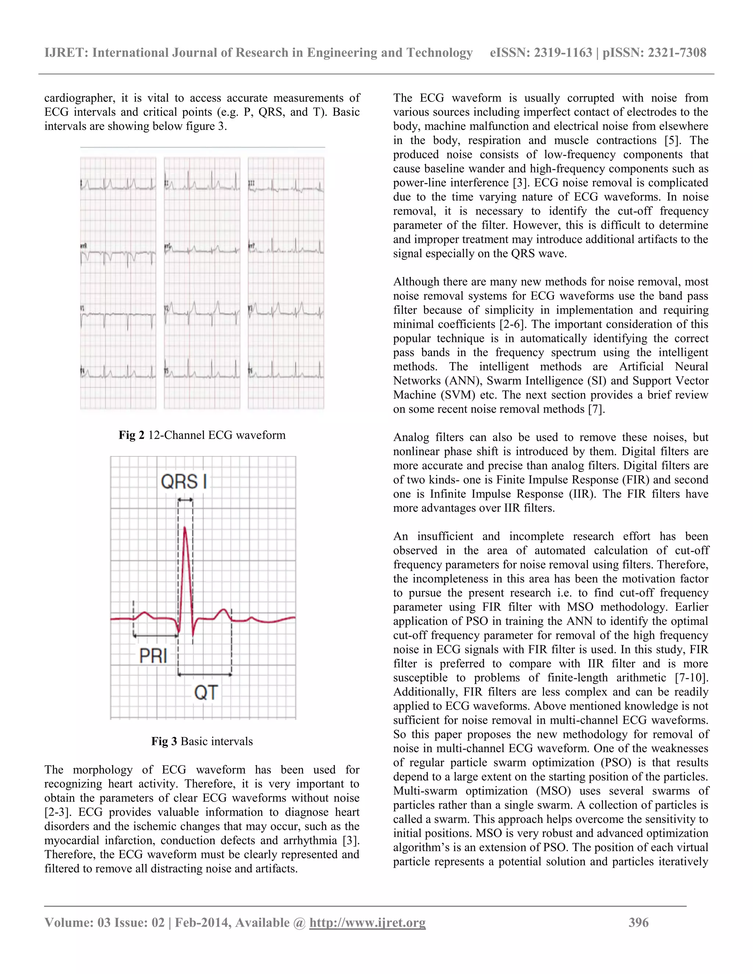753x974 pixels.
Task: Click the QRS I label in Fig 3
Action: coord(184,481)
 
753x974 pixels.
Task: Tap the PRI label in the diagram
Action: coord(153,656)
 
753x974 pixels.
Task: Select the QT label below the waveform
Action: coord(206,692)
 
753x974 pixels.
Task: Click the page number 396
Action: coord(638,922)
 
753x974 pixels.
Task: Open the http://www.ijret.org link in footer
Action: coord(368,922)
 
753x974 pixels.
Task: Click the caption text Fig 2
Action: coord(131,435)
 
